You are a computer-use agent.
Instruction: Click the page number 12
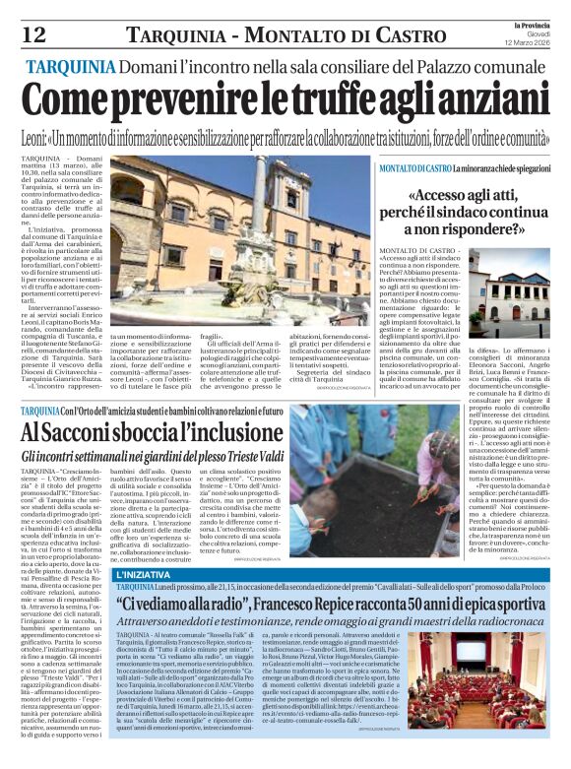tap(32, 34)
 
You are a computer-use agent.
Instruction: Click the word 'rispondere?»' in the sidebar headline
tap(484, 229)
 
